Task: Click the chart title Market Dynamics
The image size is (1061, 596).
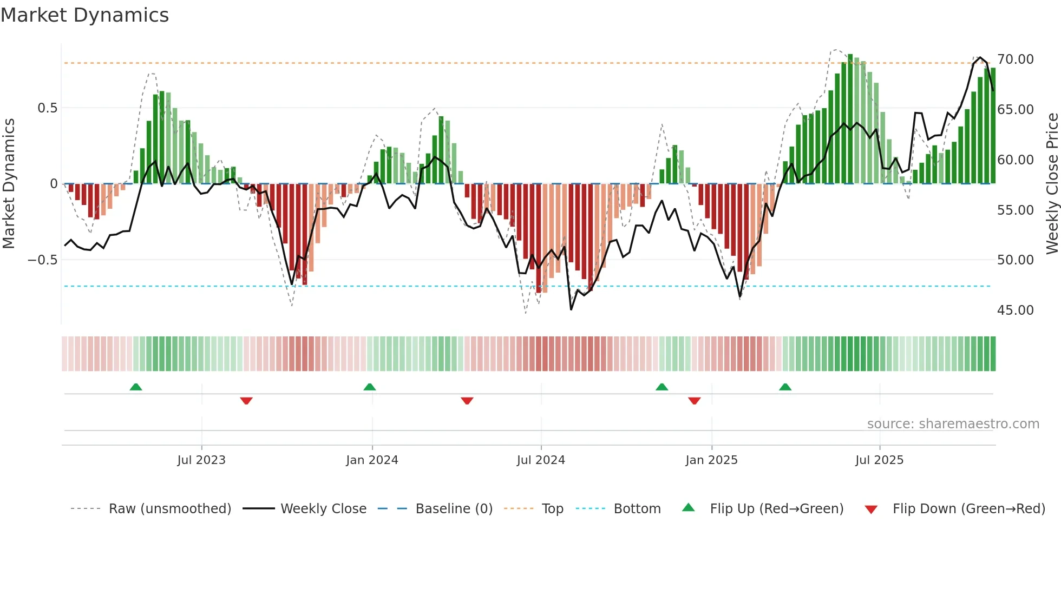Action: pyautogui.click(x=84, y=15)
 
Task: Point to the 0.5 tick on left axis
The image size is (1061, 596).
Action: pyautogui.click(x=47, y=108)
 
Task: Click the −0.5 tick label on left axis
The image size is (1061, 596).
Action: pyautogui.click(x=42, y=260)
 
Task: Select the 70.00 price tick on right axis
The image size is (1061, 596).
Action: pyautogui.click(x=1015, y=59)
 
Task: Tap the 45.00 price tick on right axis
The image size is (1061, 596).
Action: pyautogui.click(x=1015, y=310)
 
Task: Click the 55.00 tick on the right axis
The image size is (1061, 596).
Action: pyautogui.click(x=1015, y=210)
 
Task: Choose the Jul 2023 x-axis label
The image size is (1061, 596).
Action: pyautogui.click(x=201, y=460)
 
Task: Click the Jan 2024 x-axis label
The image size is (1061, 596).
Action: pyautogui.click(x=372, y=460)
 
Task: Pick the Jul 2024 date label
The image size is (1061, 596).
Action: pyautogui.click(x=541, y=460)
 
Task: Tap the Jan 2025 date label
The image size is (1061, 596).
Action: pyautogui.click(x=711, y=460)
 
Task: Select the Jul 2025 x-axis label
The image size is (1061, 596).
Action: pyautogui.click(x=879, y=460)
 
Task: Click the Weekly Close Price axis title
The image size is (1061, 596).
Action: pyautogui.click(x=1052, y=184)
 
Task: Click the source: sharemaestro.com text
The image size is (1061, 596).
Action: pyautogui.click(x=953, y=424)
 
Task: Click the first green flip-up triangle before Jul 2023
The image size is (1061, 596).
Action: pyautogui.click(x=136, y=387)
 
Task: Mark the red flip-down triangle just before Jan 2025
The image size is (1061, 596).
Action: pyautogui.click(x=695, y=401)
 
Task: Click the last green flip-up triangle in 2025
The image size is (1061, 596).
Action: pyautogui.click(x=785, y=387)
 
